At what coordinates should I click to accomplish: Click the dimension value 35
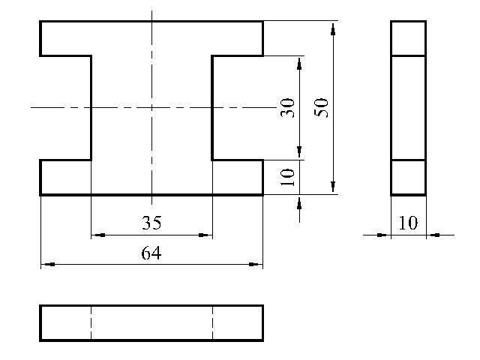(x=151, y=223)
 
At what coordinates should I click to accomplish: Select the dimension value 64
(x=151, y=253)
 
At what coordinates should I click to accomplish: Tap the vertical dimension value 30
(x=286, y=107)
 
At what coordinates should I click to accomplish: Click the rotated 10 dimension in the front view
(x=286, y=177)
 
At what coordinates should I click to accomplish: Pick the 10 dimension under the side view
(x=408, y=223)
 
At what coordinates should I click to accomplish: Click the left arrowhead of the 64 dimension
(x=45, y=264)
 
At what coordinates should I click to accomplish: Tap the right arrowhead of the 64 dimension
(x=258, y=264)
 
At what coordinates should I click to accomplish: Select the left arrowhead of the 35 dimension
(x=96, y=235)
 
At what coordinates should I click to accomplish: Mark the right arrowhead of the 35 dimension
(x=207, y=235)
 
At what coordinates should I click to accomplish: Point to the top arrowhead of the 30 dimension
(x=299, y=61)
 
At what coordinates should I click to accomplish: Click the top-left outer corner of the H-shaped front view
(x=40, y=22)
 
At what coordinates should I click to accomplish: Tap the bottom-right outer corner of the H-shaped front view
(x=262, y=194)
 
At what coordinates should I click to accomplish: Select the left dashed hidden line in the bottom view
(x=91, y=323)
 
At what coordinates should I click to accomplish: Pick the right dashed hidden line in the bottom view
(x=212, y=323)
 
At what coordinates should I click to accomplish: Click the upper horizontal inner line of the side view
(x=408, y=55)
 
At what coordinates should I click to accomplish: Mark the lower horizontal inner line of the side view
(x=408, y=160)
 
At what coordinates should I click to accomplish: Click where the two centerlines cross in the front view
(x=151, y=107)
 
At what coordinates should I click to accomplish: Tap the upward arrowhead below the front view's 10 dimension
(x=299, y=200)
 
